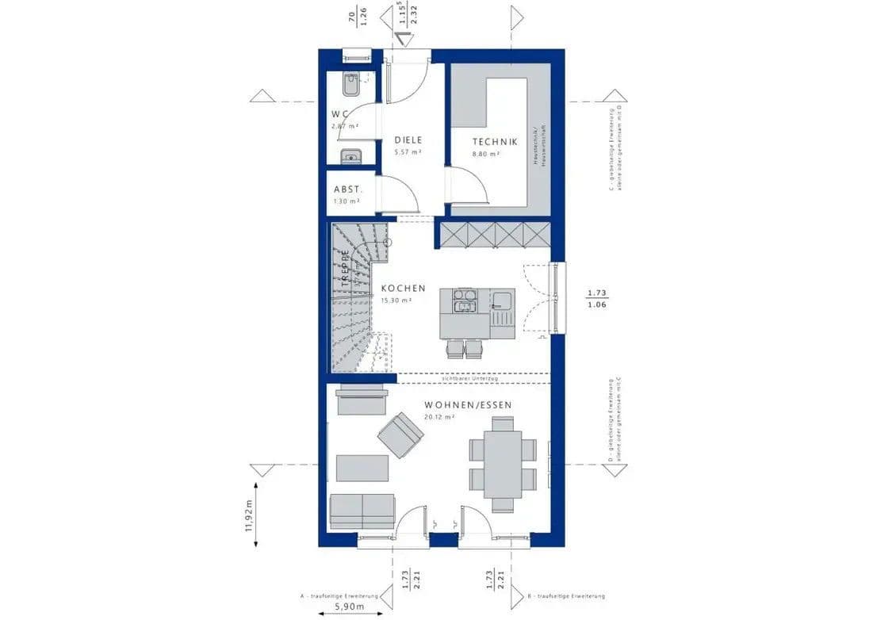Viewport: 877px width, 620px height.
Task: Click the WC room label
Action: (x=340, y=115)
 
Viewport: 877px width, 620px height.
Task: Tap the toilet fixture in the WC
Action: (x=350, y=82)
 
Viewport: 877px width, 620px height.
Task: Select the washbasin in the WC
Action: (x=350, y=156)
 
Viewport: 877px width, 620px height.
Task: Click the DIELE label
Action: (x=408, y=140)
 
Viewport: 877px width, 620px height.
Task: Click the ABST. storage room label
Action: (x=347, y=189)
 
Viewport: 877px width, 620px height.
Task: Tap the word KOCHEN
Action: (x=403, y=289)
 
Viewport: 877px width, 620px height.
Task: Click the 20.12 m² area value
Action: (x=439, y=417)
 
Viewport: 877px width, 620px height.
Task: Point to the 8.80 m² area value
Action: (x=486, y=155)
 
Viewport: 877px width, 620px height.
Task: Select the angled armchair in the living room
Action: (x=400, y=434)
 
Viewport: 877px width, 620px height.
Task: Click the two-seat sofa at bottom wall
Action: (x=362, y=510)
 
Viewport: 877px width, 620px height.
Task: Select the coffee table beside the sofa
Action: (x=362, y=468)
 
